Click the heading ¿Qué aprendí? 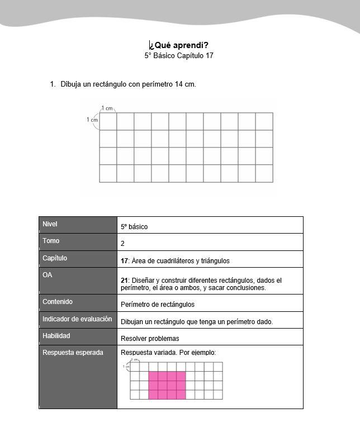point(179,45)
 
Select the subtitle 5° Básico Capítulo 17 point(179,56)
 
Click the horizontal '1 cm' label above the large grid point(107,108)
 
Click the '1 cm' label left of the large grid point(92,120)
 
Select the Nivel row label point(50,224)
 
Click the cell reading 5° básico point(134,227)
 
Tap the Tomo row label point(51,241)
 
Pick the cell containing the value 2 point(122,244)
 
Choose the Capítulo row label point(55,258)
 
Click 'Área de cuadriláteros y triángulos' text point(178,261)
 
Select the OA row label point(48,275)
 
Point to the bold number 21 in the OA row point(124,281)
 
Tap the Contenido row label point(58,302)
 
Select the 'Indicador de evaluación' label point(77,319)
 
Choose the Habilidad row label point(56,336)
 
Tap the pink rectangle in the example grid point(167,385)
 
